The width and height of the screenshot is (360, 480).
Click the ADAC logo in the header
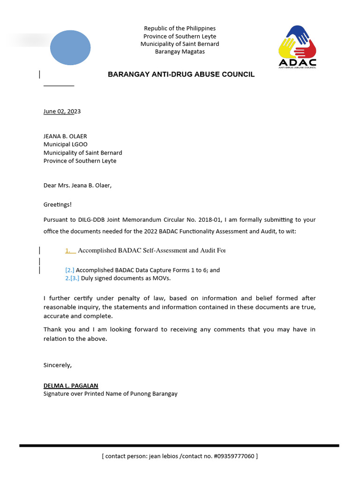click(297, 47)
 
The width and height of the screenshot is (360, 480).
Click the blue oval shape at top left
click(70, 47)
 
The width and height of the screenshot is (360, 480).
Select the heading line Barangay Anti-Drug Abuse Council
click(181, 75)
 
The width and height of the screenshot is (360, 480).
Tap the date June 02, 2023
click(62, 112)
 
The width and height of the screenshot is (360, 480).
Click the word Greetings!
click(58, 204)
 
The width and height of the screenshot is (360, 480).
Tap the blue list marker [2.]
click(70, 270)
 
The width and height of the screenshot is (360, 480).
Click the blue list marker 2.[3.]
click(72, 278)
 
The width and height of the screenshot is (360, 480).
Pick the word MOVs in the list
click(162, 278)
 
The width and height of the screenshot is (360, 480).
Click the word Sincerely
click(58, 365)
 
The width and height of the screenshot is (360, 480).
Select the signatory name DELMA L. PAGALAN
click(71, 385)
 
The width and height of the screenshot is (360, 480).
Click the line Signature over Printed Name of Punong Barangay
click(110, 394)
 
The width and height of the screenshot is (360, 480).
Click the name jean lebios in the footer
click(165, 456)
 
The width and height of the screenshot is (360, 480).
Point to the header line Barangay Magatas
click(180, 52)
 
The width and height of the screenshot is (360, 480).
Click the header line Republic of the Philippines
click(180, 29)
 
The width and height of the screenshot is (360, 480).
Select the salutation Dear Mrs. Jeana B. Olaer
click(77, 185)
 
